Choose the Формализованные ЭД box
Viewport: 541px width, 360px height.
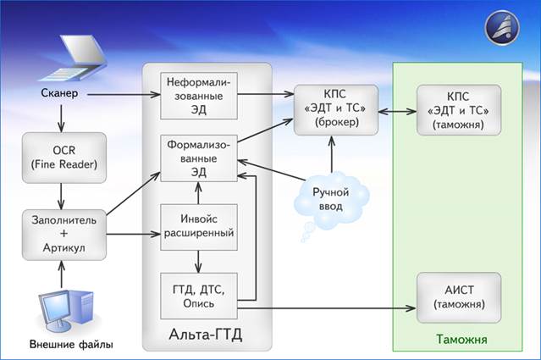click(200, 158)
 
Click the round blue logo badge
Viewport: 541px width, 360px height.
click(503, 27)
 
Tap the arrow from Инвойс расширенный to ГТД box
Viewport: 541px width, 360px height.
click(200, 258)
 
